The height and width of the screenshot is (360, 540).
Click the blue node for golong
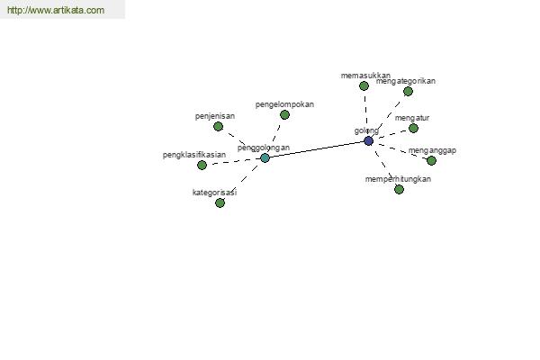(368, 140)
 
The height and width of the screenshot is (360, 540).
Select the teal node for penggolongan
(265, 157)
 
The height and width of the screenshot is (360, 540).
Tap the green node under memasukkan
(364, 85)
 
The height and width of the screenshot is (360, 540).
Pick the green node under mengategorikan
(408, 91)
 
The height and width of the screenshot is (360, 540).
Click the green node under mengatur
(414, 128)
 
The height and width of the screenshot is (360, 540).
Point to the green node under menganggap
(431, 160)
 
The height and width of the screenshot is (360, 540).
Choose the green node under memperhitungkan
(399, 189)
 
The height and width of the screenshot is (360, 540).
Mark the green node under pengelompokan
(284, 114)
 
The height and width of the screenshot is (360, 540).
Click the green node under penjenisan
(218, 126)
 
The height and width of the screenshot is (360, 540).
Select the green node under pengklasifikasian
(202, 165)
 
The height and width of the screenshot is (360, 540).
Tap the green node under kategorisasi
(220, 202)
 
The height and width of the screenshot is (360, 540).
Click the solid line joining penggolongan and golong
(317, 149)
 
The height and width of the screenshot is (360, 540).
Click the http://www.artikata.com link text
(56, 10)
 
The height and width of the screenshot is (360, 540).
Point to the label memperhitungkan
(398, 179)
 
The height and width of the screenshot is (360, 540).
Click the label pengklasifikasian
(194, 155)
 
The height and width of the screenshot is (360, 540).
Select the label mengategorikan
(406, 81)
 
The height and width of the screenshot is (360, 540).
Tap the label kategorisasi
(214, 193)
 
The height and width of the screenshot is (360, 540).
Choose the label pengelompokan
(284, 104)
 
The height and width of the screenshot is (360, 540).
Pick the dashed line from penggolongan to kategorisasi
(242, 180)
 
